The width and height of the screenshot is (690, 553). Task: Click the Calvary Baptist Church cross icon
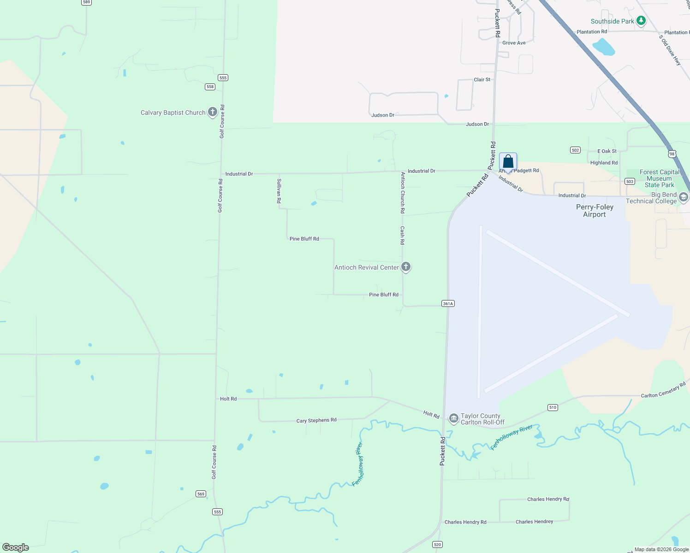tap(212, 112)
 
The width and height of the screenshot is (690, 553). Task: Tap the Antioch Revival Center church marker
tap(405, 267)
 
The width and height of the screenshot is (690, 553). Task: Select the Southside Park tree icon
tap(641, 21)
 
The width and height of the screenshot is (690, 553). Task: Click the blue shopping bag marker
tap(508, 162)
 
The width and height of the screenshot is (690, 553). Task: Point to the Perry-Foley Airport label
tap(595, 211)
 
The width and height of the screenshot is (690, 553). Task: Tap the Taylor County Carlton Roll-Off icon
tap(453, 418)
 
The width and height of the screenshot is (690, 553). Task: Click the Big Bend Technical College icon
tap(684, 197)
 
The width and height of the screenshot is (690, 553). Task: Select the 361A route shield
tap(448, 304)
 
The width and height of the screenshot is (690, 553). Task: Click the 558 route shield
tap(210, 87)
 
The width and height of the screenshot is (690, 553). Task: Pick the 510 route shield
tap(553, 407)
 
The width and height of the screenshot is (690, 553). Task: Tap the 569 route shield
tap(201, 494)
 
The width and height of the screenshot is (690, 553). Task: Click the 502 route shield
tap(575, 150)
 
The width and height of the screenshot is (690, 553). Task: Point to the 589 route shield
tap(86, 2)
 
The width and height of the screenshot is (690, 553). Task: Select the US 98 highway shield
tap(672, 154)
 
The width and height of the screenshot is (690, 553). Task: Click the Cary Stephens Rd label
tap(316, 420)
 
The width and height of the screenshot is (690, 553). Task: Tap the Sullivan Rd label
tap(279, 191)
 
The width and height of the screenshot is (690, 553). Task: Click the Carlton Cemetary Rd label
tap(663, 390)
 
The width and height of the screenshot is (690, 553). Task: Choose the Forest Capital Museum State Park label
tap(659, 178)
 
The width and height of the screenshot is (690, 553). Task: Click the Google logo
tap(16, 547)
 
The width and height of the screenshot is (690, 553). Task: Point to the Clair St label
tap(482, 80)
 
